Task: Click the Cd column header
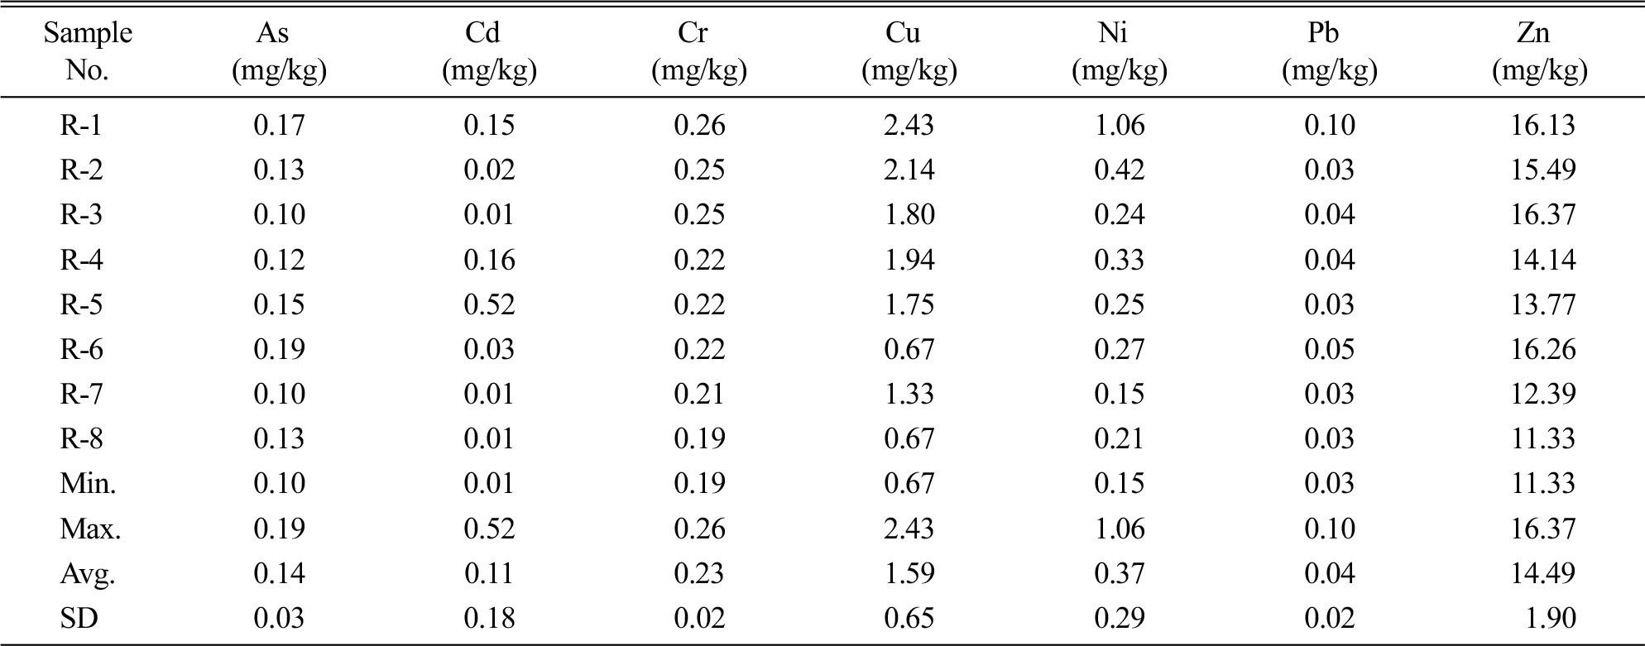tap(490, 51)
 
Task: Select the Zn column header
tap(1540, 51)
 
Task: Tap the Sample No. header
tap(88, 51)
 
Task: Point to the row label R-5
tap(81, 304)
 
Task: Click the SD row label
tap(79, 618)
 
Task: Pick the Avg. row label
tap(87, 573)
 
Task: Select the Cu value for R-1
tap(909, 125)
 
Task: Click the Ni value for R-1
tap(1120, 125)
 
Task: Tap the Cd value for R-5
tap(489, 304)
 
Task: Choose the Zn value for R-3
tap(1543, 215)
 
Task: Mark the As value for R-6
tap(280, 349)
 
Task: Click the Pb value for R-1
tap(1330, 125)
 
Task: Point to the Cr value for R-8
tap(699, 438)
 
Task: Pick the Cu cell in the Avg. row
tap(909, 573)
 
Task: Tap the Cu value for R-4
tap(909, 260)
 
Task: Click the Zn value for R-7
tap(1543, 394)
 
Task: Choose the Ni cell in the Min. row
tap(1120, 483)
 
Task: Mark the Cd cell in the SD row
tap(489, 618)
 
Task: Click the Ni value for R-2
tap(1120, 170)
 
